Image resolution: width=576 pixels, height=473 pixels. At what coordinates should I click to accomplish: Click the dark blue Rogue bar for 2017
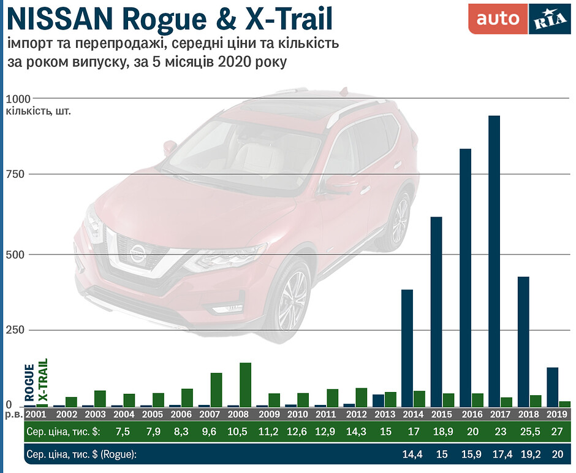(x=494, y=261)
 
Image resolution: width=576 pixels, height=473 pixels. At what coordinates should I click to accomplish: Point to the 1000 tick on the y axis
(x=18, y=99)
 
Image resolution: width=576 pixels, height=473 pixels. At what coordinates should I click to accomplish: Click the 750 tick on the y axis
(x=15, y=174)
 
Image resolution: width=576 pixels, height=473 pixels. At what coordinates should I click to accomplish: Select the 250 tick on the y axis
(x=15, y=330)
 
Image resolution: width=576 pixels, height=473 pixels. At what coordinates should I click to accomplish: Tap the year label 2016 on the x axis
(x=471, y=415)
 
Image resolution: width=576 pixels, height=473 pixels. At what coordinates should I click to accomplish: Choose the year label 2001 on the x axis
(x=36, y=415)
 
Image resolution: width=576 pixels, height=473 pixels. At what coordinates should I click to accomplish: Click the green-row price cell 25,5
(x=529, y=431)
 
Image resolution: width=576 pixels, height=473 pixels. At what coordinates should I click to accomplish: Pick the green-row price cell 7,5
(x=123, y=431)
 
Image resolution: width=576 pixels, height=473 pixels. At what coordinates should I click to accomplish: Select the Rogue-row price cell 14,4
(x=413, y=454)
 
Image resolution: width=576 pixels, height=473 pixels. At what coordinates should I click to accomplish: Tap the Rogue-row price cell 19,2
(x=529, y=454)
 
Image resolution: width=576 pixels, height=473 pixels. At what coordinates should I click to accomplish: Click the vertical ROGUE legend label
(x=29, y=384)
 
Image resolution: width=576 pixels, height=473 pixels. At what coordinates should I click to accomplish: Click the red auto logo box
(x=498, y=19)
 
